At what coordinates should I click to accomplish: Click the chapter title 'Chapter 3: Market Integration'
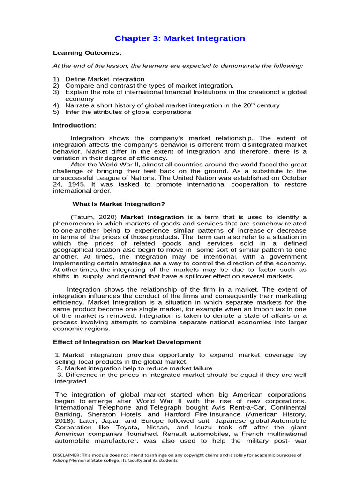coord(180,38)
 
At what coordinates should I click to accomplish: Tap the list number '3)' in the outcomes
coord(56,92)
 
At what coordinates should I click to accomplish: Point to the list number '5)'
coord(56,112)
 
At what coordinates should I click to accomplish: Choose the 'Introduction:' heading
coord(75,125)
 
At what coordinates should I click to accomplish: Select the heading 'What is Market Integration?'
coord(119,204)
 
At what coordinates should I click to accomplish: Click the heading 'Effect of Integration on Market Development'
coord(127,342)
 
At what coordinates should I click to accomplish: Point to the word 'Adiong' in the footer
coord(62,461)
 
